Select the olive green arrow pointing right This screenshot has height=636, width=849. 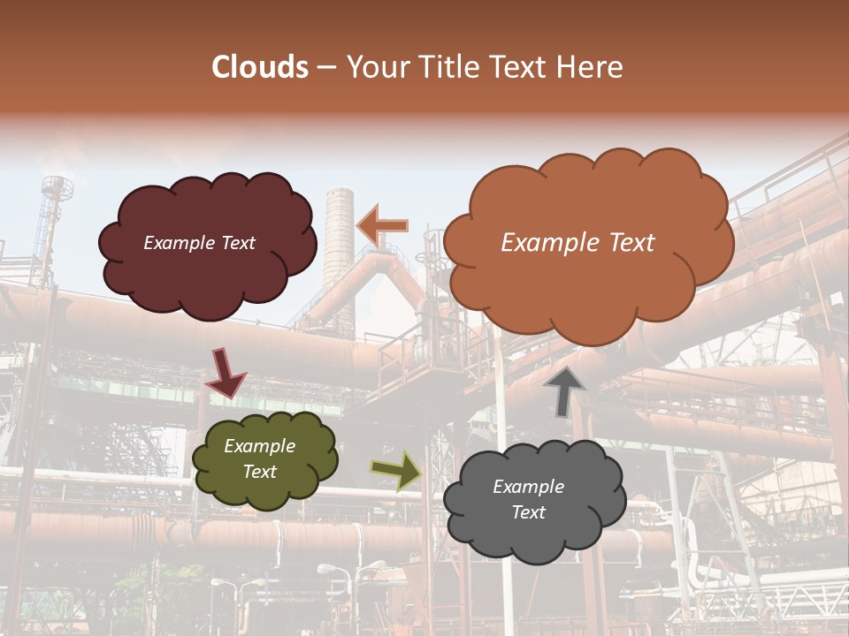click(x=397, y=470)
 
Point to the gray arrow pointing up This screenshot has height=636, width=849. click(x=566, y=391)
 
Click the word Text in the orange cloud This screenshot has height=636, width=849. click(x=626, y=243)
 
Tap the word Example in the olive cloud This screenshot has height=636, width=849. click(x=259, y=446)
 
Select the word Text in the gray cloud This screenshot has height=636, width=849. click(x=528, y=512)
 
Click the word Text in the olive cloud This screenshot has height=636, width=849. click(x=259, y=472)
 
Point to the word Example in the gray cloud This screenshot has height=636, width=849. click(x=528, y=487)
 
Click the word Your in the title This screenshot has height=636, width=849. click(x=372, y=67)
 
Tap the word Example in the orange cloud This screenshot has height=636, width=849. click(x=545, y=243)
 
